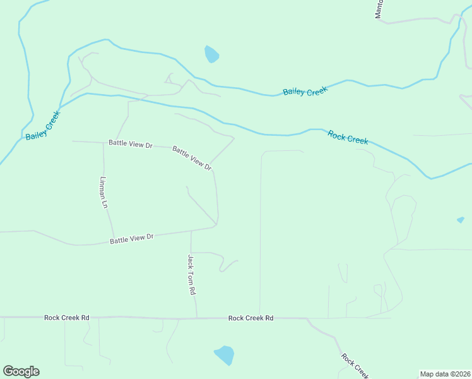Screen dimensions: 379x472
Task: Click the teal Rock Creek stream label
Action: (x=348, y=136)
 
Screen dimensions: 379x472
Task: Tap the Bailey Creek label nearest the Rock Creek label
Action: (x=305, y=92)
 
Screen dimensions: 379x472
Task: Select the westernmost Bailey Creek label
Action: (x=42, y=126)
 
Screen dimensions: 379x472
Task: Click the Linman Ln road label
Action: (x=105, y=193)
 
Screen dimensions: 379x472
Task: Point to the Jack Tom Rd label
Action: (x=192, y=275)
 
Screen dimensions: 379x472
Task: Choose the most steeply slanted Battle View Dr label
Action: (x=191, y=157)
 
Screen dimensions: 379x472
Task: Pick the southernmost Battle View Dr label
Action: (x=132, y=239)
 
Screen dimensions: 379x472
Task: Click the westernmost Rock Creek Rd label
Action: (x=66, y=318)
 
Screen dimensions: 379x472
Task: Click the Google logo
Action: (x=21, y=371)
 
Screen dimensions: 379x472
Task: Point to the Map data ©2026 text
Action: (x=445, y=374)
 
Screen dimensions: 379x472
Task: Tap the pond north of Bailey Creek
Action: (x=211, y=54)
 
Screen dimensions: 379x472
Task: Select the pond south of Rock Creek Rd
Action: (x=224, y=355)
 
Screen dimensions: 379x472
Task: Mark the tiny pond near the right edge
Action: (x=461, y=220)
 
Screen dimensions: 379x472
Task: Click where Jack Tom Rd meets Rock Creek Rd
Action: (x=197, y=318)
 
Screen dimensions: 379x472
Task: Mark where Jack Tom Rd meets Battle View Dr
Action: (x=191, y=231)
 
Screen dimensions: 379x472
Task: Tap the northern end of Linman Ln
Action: (x=103, y=142)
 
